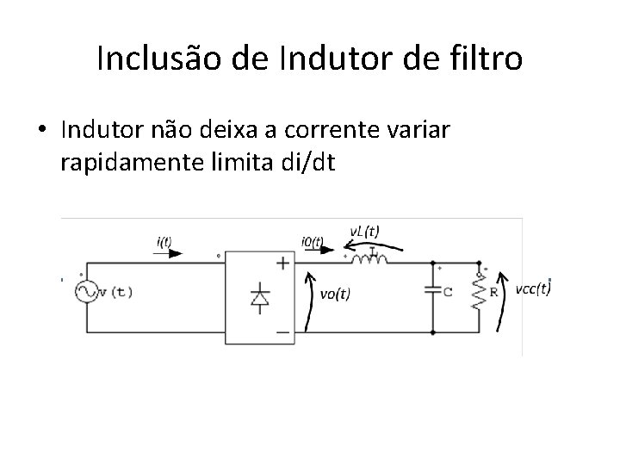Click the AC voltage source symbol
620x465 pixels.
coord(87,292)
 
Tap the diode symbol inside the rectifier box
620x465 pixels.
coord(257,297)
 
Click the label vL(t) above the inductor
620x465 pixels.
coord(363,231)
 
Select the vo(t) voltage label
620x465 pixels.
coord(335,294)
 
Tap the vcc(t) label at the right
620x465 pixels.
coord(532,288)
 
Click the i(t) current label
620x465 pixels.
coord(164,242)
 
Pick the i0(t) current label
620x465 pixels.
coord(312,242)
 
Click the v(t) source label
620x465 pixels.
coord(116,291)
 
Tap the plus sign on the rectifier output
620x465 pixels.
coord(281,263)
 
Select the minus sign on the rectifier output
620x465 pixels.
coord(281,330)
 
